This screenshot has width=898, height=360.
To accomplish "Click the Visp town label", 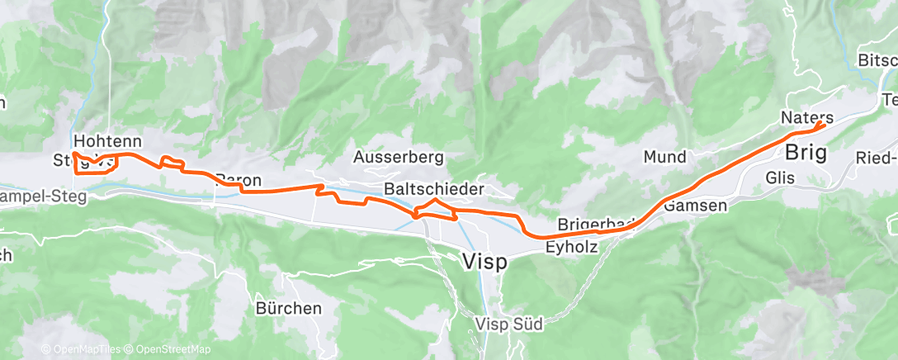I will (x=484, y=261).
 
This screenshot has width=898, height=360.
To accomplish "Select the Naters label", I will (x=806, y=118).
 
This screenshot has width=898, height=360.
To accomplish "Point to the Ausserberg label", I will (x=398, y=156).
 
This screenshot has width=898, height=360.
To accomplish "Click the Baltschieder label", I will (x=434, y=189).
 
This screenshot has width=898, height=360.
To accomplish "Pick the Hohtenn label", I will (x=107, y=140).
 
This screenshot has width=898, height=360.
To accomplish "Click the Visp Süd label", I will (x=509, y=324).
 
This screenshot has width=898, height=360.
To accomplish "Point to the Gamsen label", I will (x=695, y=205).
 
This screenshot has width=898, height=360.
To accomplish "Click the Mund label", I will (x=664, y=156).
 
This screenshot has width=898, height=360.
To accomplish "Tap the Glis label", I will (x=780, y=178).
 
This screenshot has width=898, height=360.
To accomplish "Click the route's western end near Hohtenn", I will (x=73, y=154).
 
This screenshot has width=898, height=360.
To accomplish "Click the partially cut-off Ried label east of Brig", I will (x=877, y=158).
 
